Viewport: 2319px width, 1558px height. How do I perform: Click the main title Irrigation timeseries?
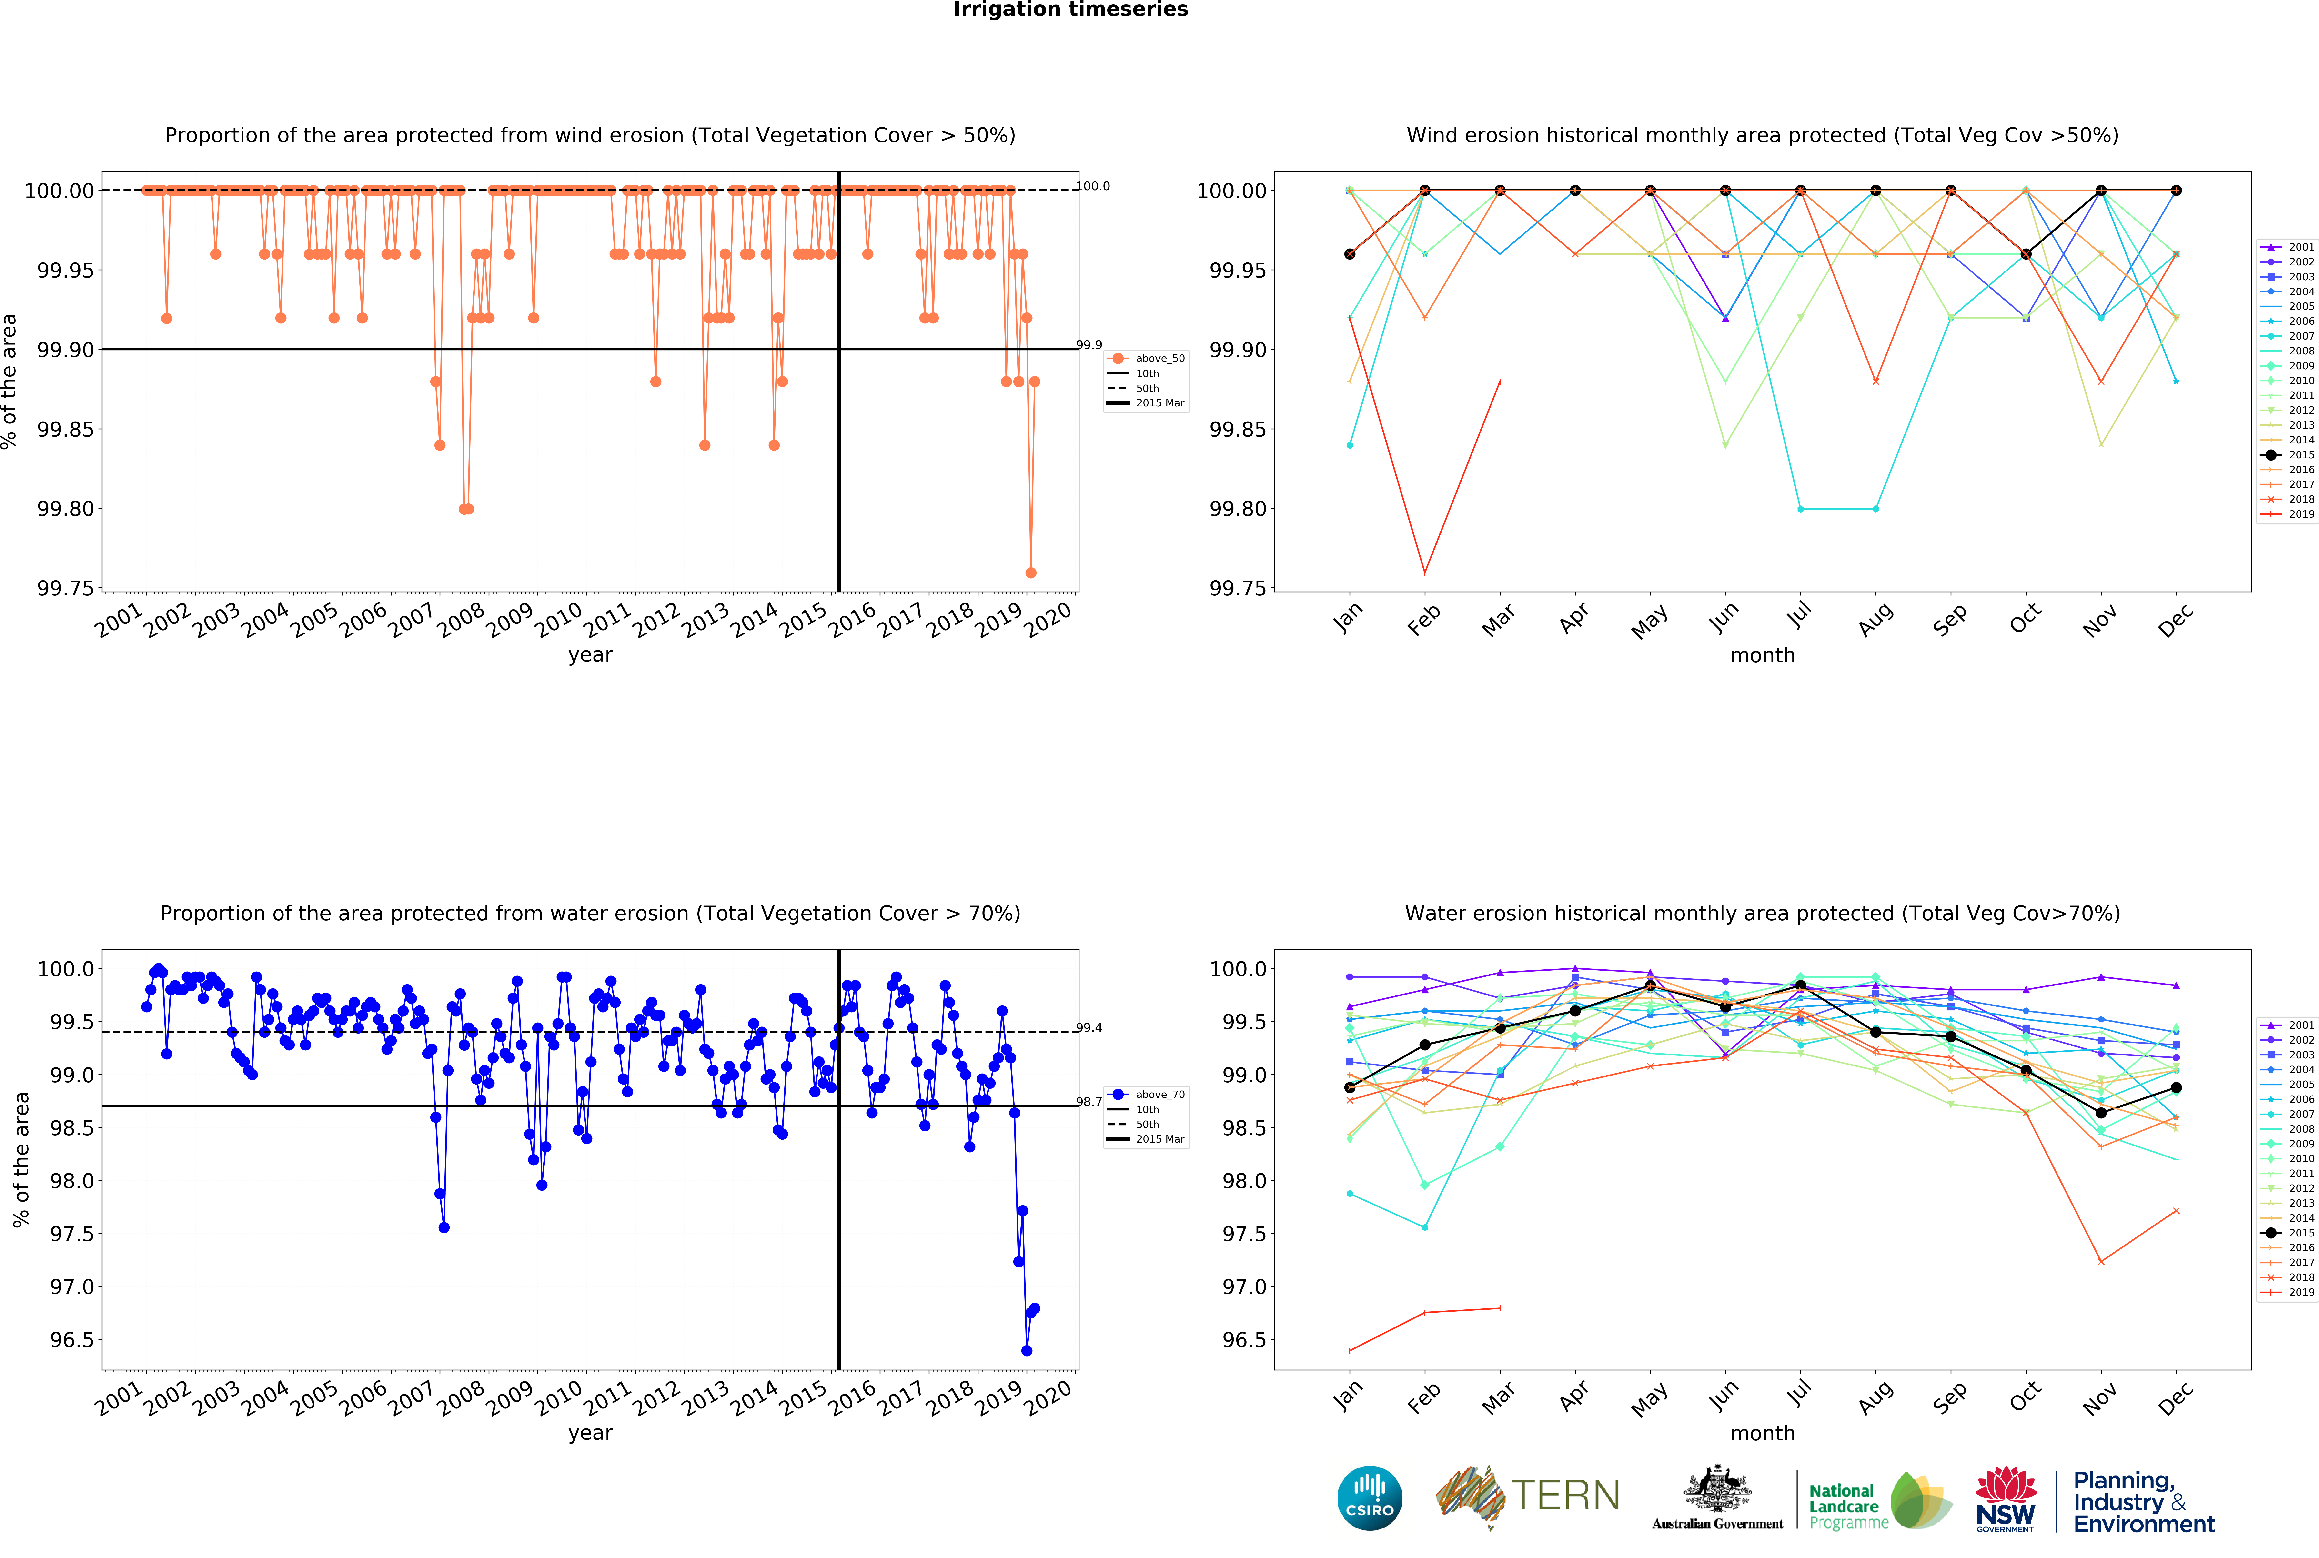pos(1070,10)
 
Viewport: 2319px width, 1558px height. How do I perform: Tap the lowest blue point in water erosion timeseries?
pos(1026,1350)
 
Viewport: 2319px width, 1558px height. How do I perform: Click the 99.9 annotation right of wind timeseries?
pos(1089,345)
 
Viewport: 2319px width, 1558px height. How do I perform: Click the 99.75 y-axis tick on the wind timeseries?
pos(66,588)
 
